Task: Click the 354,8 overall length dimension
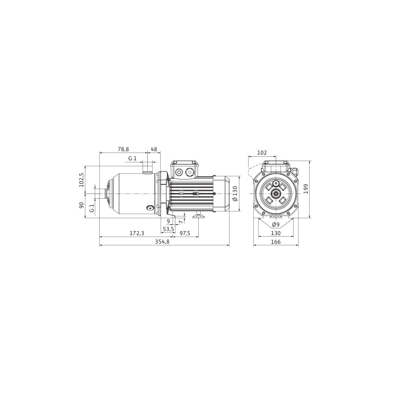[x=162, y=242]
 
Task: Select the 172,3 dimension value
[x=137, y=233]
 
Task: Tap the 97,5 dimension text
[x=185, y=233]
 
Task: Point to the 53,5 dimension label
[x=169, y=229]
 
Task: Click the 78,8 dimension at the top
[x=123, y=149]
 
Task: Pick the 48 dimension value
[x=154, y=149]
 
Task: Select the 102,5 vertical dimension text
[x=81, y=180]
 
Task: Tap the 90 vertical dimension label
[x=81, y=205]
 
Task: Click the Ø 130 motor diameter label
[x=235, y=194]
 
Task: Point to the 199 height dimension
[x=306, y=189]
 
